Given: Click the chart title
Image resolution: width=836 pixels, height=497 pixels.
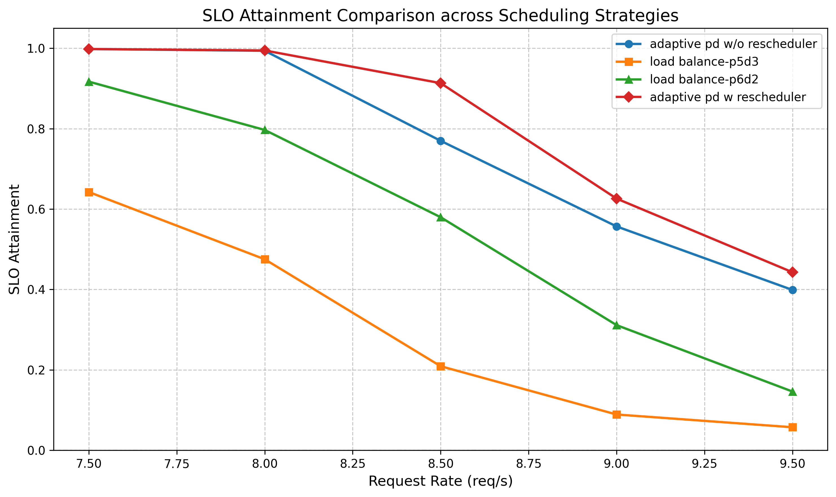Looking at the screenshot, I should pos(440,16).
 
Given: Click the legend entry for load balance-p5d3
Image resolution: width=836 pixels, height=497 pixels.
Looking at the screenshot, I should pos(704,62).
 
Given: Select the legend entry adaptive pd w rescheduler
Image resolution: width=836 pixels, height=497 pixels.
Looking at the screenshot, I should pos(727,97).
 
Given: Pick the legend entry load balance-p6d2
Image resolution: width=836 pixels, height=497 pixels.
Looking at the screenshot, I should pos(704,79).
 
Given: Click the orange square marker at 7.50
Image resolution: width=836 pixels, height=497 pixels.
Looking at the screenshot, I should pos(89,192).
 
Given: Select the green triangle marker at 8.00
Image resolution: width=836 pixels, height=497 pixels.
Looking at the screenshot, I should pos(265,130).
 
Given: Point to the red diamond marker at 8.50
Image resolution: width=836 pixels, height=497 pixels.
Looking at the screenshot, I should pos(441,83).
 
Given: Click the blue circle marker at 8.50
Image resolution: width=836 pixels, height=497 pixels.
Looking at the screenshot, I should pos(441,141).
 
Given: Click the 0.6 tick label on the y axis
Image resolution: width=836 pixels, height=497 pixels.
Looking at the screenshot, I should pos(36,209).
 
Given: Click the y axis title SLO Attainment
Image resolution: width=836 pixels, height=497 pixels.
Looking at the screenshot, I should pos(14,239).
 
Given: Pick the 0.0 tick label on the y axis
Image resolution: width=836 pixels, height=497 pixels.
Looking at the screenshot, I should pos(36,451).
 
